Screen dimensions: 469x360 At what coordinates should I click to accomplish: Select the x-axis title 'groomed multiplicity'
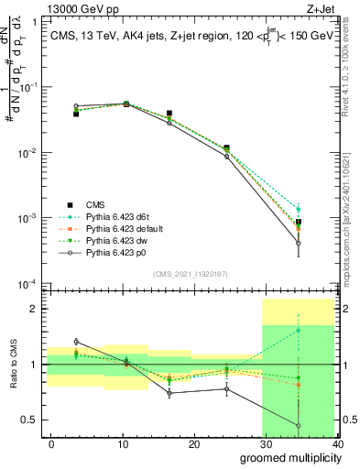[287, 457]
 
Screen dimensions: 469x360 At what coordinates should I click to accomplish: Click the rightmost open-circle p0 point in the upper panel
[324, 243]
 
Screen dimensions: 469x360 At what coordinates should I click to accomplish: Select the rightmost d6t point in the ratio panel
[324, 331]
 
